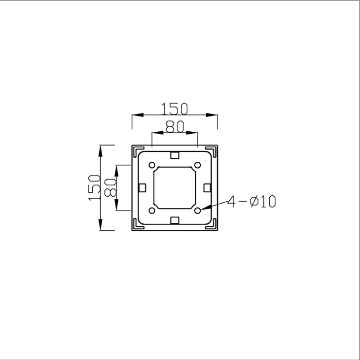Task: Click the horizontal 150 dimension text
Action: (x=175, y=108)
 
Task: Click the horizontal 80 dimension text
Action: (x=175, y=126)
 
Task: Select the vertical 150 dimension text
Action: (x=94, y=187)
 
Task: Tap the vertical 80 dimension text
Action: (x=110, y=187)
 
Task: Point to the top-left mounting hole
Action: (x=152, y=165)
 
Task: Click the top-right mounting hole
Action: (x=198, y=165)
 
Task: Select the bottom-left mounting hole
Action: (x=152, y=211)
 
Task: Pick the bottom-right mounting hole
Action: (x=198, y=211)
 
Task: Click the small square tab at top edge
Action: (x=175, y=156)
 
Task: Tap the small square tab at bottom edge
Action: (x=175, y=220)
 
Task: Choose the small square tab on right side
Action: (x=207, y=187)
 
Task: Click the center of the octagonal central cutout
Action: (x=175, y=187)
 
